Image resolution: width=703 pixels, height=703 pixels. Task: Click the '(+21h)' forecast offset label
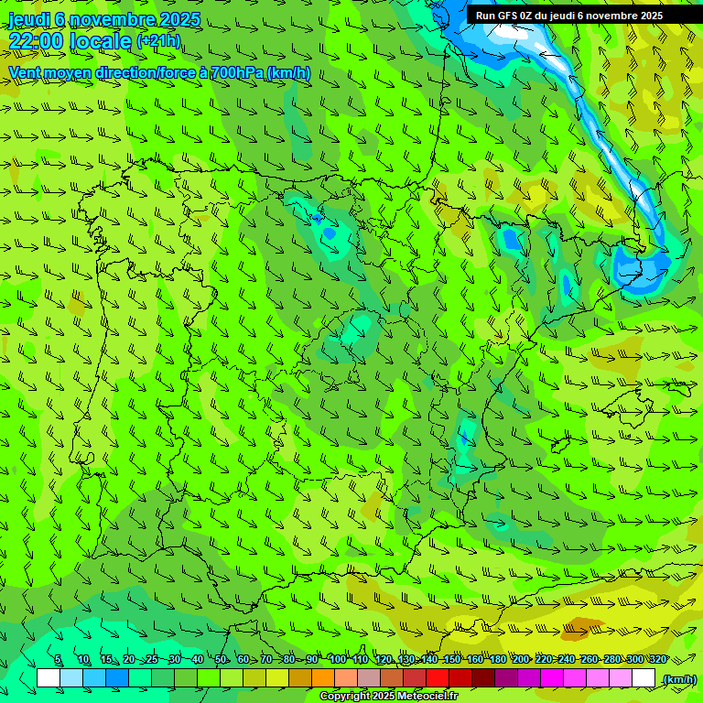(157, 41)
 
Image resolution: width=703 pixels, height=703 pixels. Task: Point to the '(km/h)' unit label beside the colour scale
(678, 678)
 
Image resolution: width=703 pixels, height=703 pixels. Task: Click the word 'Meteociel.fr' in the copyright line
(427, 697)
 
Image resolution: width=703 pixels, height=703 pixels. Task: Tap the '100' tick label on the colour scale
(337, 659)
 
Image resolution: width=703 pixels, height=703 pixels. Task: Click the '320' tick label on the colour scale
(657, 659)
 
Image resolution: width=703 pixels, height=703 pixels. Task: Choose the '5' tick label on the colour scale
(58, 659)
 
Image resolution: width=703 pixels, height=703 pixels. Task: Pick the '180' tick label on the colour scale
(497, 659)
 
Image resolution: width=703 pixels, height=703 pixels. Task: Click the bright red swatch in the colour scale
(438, 678)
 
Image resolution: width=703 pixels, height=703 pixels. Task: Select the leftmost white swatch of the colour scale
(49, 678)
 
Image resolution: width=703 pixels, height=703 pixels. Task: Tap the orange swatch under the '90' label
(323, 678)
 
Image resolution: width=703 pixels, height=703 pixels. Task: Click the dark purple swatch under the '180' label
(506, 678)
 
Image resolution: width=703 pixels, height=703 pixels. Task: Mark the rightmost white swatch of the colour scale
(644, 678)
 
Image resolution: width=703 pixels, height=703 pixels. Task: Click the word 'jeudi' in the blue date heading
(27, 19)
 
